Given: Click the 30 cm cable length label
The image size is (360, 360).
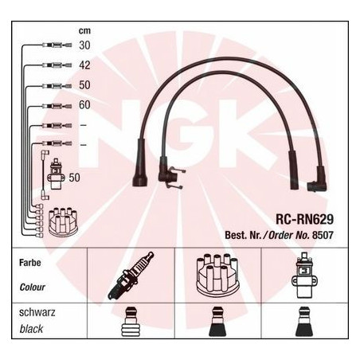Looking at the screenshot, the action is [x=84, y=45].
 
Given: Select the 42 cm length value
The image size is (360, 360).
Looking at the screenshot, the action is [x=84, y=65].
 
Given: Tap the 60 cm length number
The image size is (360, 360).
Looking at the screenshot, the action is [x=84, y=105].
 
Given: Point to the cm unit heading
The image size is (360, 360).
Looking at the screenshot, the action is [x=84, y=31].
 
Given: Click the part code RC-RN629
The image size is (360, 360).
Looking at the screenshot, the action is [x=304, y=219].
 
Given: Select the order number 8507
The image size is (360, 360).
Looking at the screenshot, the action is [x=323, y=235].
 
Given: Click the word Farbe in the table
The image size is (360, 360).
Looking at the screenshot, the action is [x=30, y=263].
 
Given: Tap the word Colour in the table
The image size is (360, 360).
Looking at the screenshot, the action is [x=32, y=287].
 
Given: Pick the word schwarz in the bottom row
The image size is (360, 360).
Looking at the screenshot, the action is [x=37, y=312].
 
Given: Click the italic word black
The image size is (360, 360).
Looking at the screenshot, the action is [x=31, y=329].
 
